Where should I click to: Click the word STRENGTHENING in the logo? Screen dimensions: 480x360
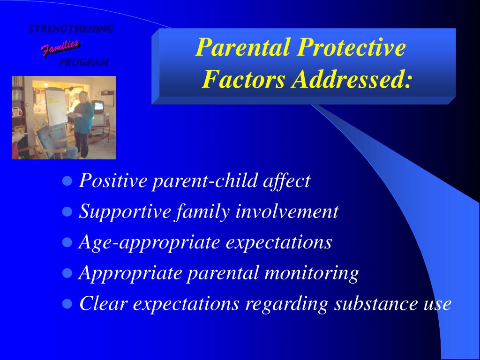tap(71, 29)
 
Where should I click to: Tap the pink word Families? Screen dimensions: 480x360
tap(60, 48)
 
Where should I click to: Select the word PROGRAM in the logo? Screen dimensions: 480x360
tap(83, 62)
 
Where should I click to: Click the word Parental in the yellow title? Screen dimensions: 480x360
tap(242, 47)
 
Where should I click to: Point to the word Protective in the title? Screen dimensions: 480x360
tap(352, 47)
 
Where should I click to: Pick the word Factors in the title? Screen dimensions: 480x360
tap(243, 79)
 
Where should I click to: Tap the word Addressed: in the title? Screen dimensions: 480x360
tap(351, 79)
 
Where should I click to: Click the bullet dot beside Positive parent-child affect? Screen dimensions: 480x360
tap(67, 181)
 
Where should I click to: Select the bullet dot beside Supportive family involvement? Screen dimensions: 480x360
tap(67, 211)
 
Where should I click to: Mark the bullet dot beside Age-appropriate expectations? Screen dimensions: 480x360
tap(67, 242)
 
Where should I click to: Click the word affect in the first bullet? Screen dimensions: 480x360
tap(287, 181)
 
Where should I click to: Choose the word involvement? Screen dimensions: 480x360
tap(287, 211)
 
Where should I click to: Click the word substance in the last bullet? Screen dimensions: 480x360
tap(375, 304)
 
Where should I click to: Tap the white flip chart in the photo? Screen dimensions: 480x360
tap(56, 106)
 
